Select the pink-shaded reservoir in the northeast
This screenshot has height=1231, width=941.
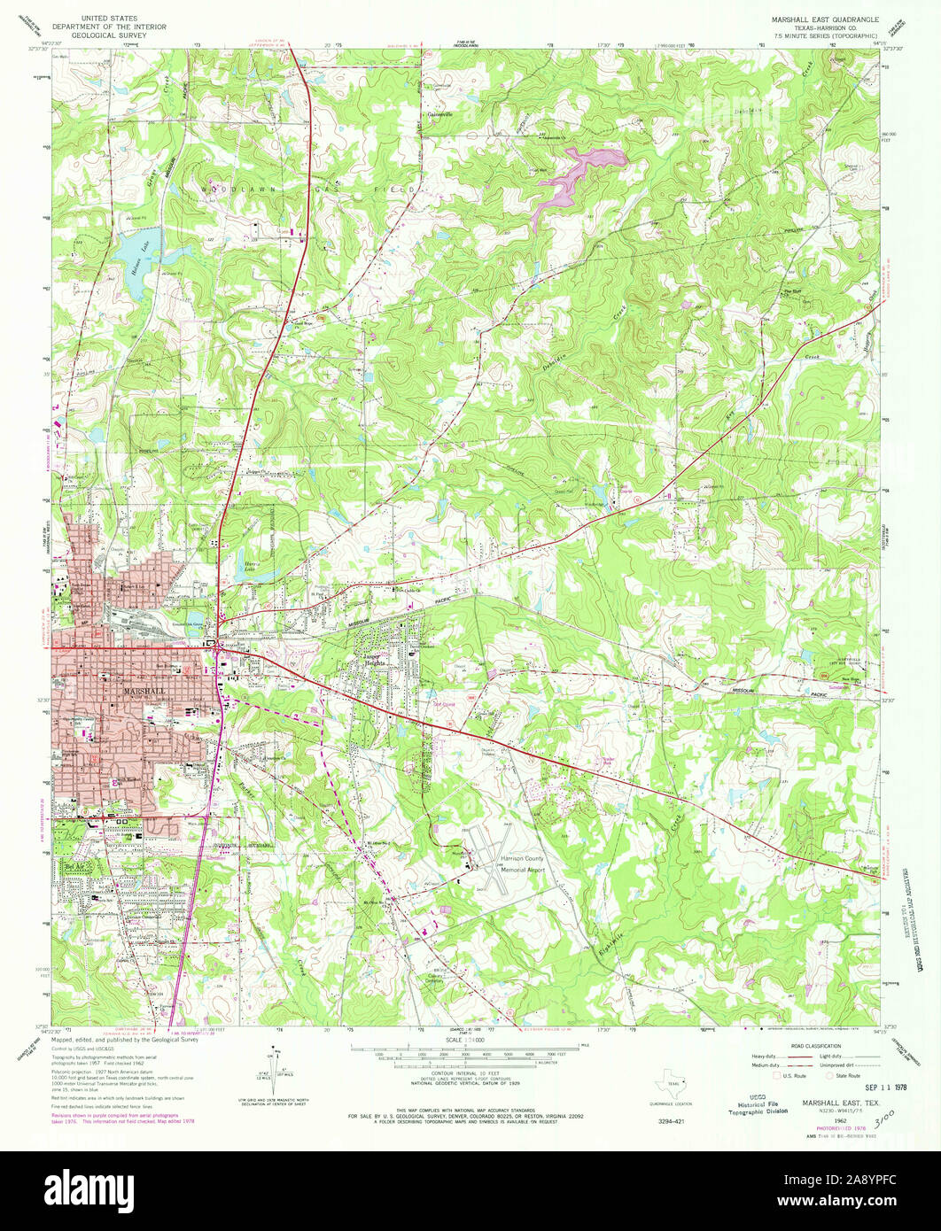[576, 177]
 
